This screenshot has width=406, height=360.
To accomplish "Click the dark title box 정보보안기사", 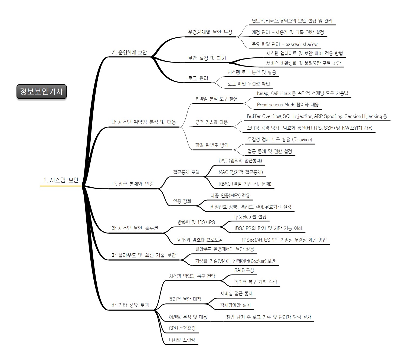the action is tap(41, 91).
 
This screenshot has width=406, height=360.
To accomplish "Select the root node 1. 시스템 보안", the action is tap(61, 180).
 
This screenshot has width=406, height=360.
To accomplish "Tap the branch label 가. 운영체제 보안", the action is tap(129, 53).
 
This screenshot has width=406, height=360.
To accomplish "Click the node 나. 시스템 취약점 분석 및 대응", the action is tap(143, 122).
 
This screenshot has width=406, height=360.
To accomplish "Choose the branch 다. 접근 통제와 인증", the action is tap(133, 184).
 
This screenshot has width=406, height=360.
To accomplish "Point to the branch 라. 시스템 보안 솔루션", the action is tap(135, 228).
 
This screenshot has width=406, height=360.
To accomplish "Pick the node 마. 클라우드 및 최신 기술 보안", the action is tap(143, 255).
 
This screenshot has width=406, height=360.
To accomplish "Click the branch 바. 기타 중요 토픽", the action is tap(130, 305).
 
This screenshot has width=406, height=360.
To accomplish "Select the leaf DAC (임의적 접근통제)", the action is tap(240, 161).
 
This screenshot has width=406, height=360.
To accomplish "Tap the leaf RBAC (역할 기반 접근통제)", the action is tap(245, 184).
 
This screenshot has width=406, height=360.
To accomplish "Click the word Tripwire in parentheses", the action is tap(302, 140).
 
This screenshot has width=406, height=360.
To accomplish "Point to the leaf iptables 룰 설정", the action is tap(250, 217).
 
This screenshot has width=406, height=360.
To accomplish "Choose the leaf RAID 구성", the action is tap(244, 270).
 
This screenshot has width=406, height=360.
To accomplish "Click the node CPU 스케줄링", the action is tap(182, 328).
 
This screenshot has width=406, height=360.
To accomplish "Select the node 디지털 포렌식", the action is tap(182, 340).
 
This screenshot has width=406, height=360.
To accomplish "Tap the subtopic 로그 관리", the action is tap(198, 78).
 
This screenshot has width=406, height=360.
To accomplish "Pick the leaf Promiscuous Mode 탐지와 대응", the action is tap(287, 105).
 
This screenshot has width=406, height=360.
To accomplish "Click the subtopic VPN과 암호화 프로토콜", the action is tap(200, 240).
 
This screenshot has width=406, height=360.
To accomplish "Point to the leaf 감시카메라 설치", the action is tap(235, 305).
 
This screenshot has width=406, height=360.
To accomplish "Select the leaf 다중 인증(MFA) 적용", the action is tap(230, 195).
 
